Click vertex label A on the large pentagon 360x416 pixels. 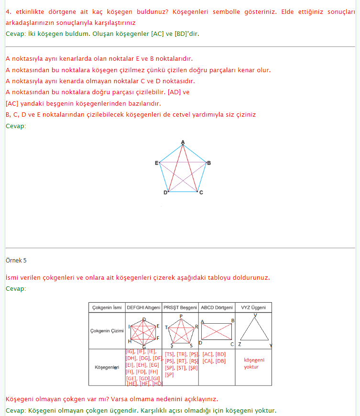click(183, 142)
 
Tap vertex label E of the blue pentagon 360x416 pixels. click(156, 163)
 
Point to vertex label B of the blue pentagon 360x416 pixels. click(209, 163)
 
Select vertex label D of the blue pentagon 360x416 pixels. click(165, 193)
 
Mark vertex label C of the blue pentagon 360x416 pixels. click(201, 193)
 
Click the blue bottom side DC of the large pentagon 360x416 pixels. click(183, 192)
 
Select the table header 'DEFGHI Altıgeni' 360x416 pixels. click(143, 307)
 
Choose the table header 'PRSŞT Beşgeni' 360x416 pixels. click(180, 307)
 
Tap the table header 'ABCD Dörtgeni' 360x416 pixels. click(217, 307)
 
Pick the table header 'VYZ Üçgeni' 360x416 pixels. click(253, 307)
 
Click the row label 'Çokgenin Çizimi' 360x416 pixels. click(107, 331)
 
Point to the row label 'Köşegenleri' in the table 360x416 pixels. click(107, 367)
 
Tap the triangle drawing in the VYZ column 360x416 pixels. click(254, 330)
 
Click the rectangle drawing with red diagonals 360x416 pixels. click(217, 331)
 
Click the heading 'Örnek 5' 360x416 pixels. click(16, 261)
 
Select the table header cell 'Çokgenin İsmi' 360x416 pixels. click(107, 307)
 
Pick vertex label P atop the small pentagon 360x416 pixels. click(181, 316)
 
